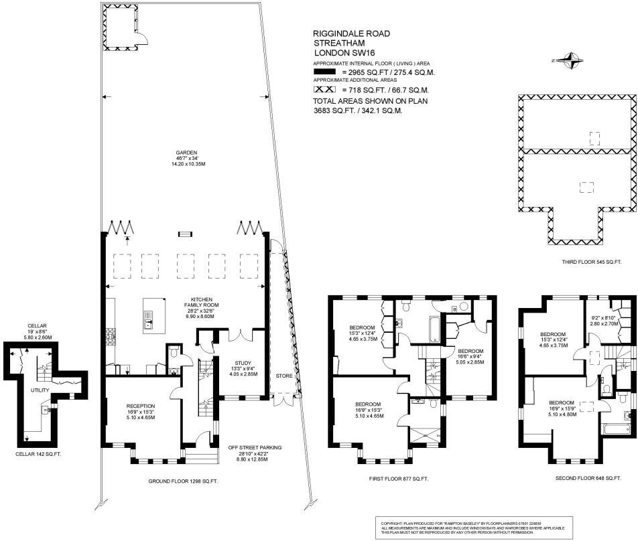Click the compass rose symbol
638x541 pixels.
coord(570,61)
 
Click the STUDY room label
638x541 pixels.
coord(242,362)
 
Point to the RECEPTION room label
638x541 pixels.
coord(141,406)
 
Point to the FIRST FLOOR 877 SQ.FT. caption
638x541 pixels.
coord(398,479)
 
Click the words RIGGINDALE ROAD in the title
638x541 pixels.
coord(351,33)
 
